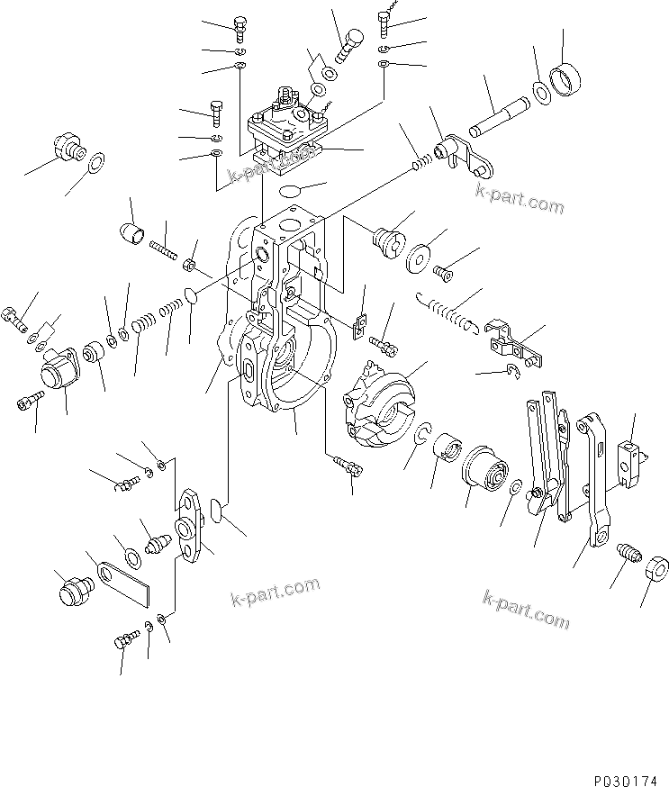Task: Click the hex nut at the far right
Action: [655, 567]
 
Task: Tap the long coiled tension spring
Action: [447, 311]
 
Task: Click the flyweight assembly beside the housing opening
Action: [379, 403]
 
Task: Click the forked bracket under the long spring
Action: [511, 343]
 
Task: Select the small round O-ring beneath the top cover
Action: [290, 191]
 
